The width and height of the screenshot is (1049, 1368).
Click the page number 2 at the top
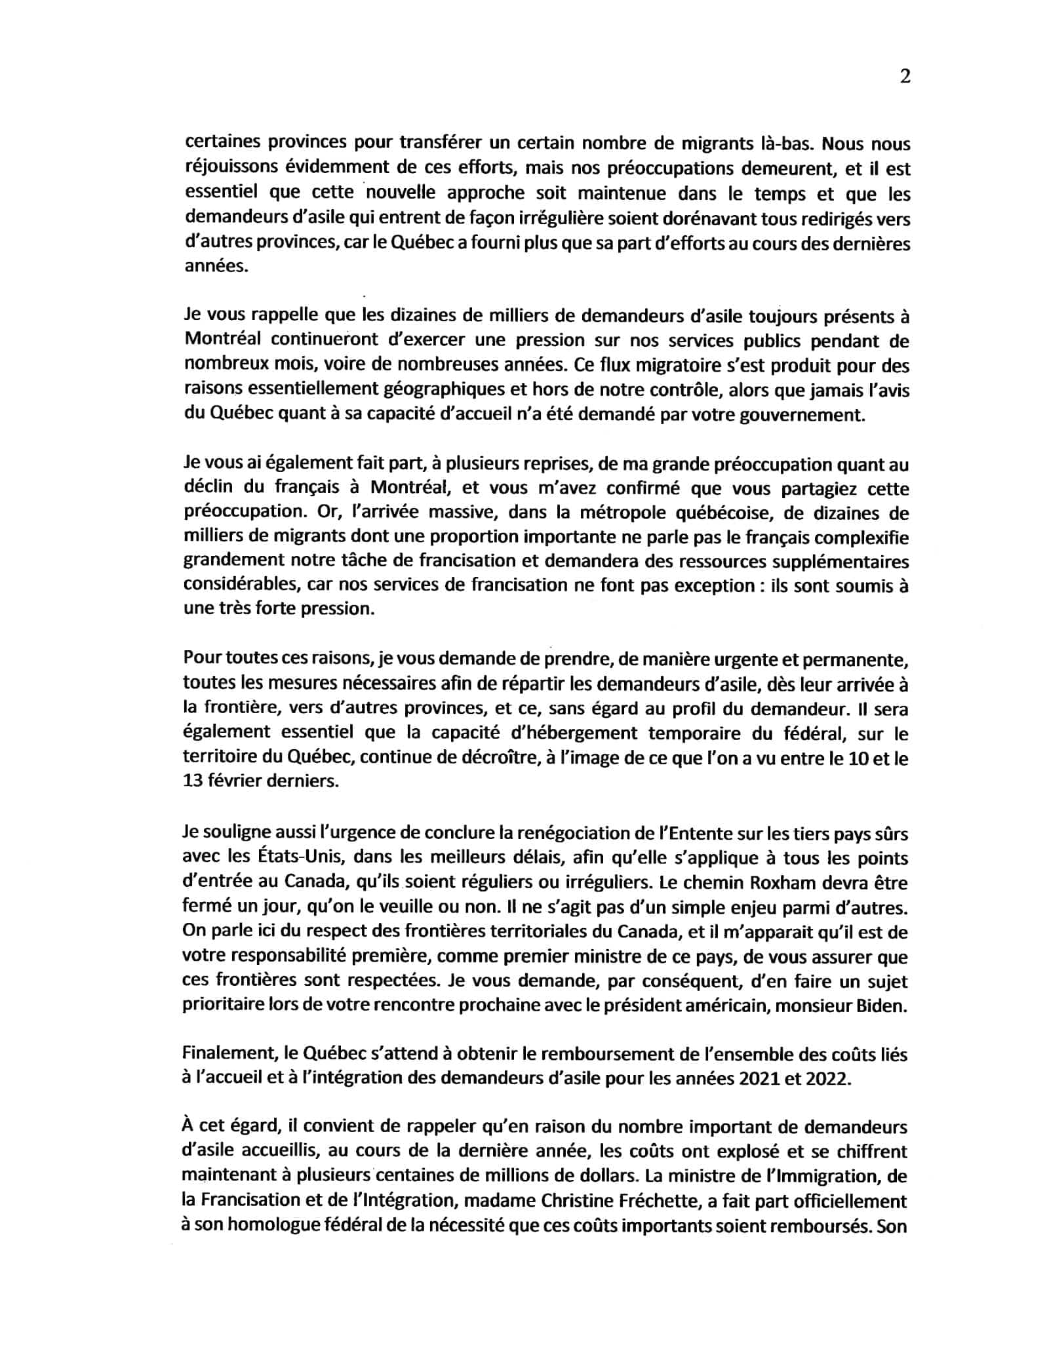[905, 77]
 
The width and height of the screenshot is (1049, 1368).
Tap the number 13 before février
[194, 783]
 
